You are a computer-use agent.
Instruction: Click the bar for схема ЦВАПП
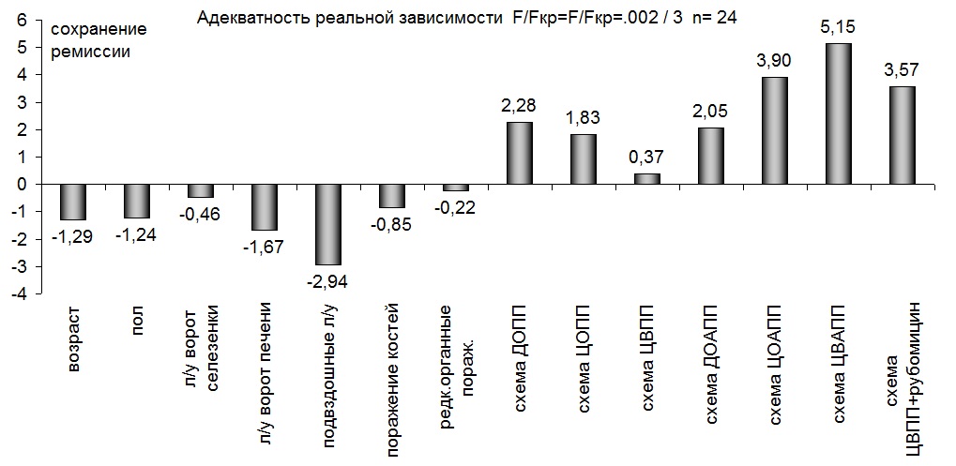tap(837, 113)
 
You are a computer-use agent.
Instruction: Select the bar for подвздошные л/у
tap(328, 224)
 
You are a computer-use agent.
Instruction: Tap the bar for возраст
tap(73, 202)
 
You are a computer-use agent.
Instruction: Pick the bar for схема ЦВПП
tap(646, 178)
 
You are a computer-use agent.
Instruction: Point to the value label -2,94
tap(327, 280)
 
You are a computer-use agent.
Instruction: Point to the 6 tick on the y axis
tap(22, 18)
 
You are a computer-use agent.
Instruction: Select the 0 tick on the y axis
tap(22, 184)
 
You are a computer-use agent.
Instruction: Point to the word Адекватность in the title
tap(266, 18)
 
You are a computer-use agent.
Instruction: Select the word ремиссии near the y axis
tap(90, 52)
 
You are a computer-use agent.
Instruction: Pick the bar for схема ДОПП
tap(519, 153)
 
